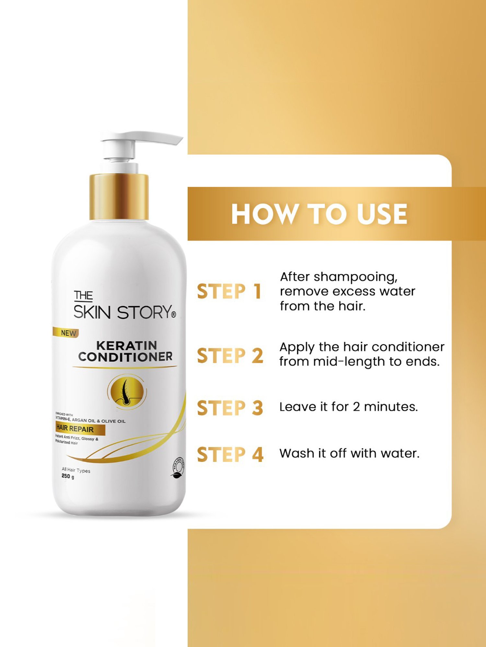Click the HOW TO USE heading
[x=319, y=214]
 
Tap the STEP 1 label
[x=229, y=291]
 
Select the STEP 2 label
[x=230, y=356]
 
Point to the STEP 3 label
[x=230, y=408]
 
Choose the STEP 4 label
[x=230, y=455]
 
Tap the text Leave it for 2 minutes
[x=349, y=407]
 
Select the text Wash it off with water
[x=349, y=453]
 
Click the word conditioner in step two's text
[x=408, y=347]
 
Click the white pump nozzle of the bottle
[x=143, y=138]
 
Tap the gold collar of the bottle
[x=119, y=197]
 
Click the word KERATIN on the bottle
[x=127, y=345]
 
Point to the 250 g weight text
[x=68, y=476]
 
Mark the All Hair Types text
[x=76, y=470]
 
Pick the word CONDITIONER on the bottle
[x=125, y=357]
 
